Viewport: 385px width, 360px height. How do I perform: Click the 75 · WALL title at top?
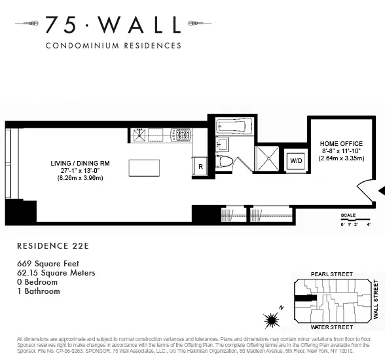tap(112, 25)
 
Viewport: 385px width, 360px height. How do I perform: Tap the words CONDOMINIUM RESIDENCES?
tap(113, 46)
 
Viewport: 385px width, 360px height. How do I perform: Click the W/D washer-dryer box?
tap(296, 160)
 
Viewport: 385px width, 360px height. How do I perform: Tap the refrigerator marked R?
tap(200, 167)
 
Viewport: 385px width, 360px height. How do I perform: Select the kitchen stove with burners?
tap(181, 135)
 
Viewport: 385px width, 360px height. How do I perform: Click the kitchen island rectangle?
tap(144, 168)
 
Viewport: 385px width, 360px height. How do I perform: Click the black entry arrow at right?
tap(382, 190)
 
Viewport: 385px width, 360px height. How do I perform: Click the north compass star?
tap(271, 321)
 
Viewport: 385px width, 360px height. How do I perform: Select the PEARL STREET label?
tap(333, 274)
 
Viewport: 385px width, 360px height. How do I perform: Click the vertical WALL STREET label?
tap(376, 300)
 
